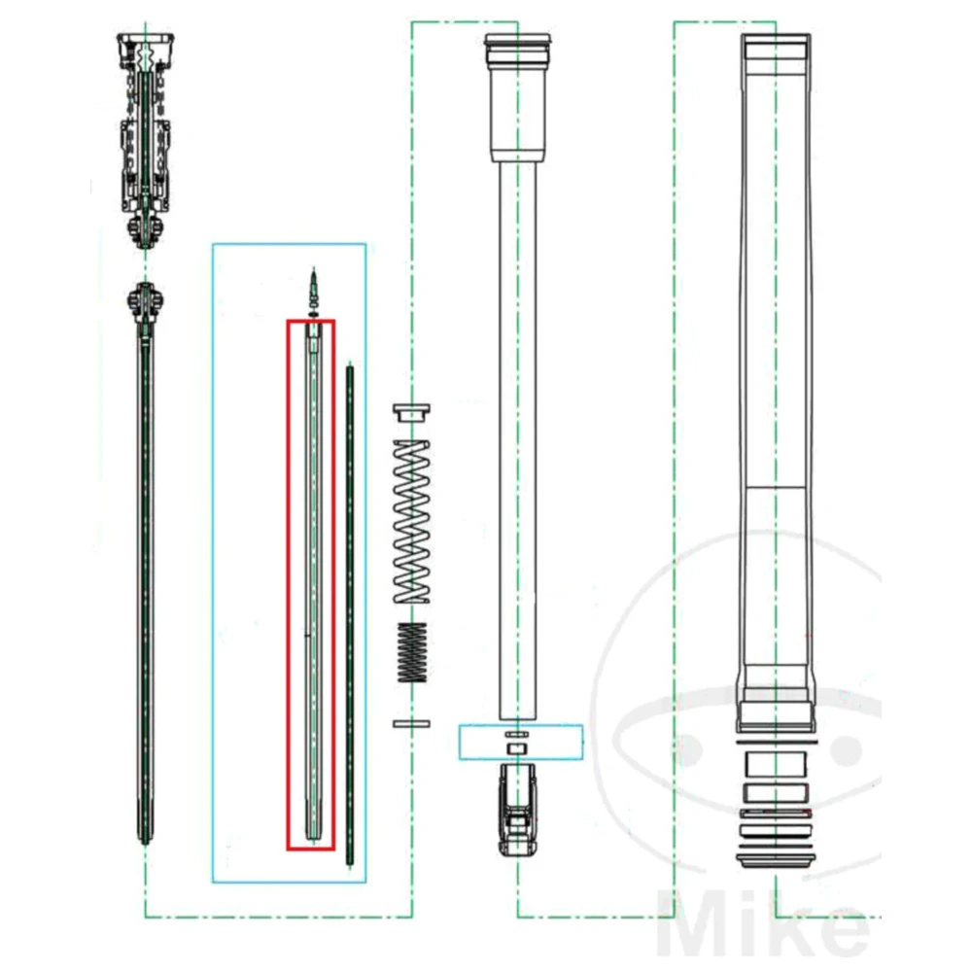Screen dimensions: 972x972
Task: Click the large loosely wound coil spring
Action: pyautogui.click(x=411, y=521)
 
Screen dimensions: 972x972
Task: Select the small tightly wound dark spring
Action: pyautogui.click(x=411, y=651)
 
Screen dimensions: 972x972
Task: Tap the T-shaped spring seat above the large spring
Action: pyautogui.click(x=411, y=412)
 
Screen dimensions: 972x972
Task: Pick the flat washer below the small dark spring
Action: pyautogui.click(x=411, y=723)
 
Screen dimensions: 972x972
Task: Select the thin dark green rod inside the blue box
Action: pyautogui.click(x=350, y=615)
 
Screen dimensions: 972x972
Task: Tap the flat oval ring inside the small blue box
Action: pyautogui.click(x=517, y=735)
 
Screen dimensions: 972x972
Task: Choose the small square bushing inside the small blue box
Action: pyautogui.click(x=517, y=748)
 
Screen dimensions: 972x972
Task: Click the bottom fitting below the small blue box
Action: pyautogui.click(x=518, y=809)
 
